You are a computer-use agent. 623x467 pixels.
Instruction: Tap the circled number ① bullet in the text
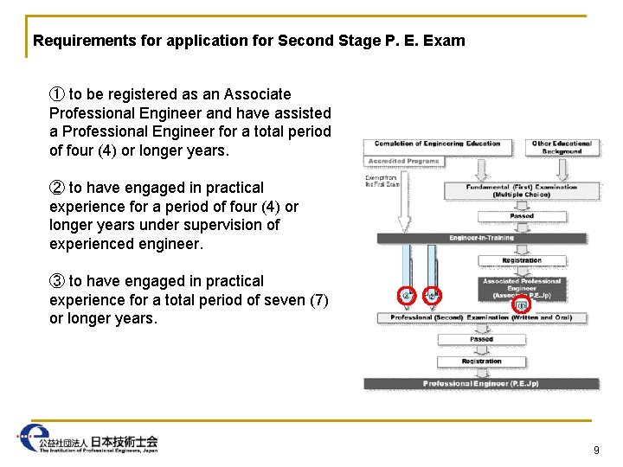57,94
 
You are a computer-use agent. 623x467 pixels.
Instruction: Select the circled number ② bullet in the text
57,188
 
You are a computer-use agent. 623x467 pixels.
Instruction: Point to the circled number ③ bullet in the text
57,281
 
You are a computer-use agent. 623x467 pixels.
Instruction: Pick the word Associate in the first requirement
259,94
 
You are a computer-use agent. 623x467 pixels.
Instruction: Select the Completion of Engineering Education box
438,144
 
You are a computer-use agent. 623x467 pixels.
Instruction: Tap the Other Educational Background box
562,147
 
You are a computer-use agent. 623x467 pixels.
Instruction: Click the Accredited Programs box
404,161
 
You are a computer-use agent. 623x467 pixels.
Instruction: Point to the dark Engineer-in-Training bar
481,238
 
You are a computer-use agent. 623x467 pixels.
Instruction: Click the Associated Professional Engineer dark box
522,288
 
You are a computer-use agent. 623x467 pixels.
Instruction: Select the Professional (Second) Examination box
481,318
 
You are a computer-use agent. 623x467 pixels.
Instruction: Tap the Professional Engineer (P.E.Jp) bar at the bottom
481,384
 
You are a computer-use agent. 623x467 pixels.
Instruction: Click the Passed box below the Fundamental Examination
522,216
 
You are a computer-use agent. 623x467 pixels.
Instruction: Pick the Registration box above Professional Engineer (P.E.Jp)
481,361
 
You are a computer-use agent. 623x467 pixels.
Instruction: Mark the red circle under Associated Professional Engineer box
521,305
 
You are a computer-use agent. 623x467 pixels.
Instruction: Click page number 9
596,450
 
